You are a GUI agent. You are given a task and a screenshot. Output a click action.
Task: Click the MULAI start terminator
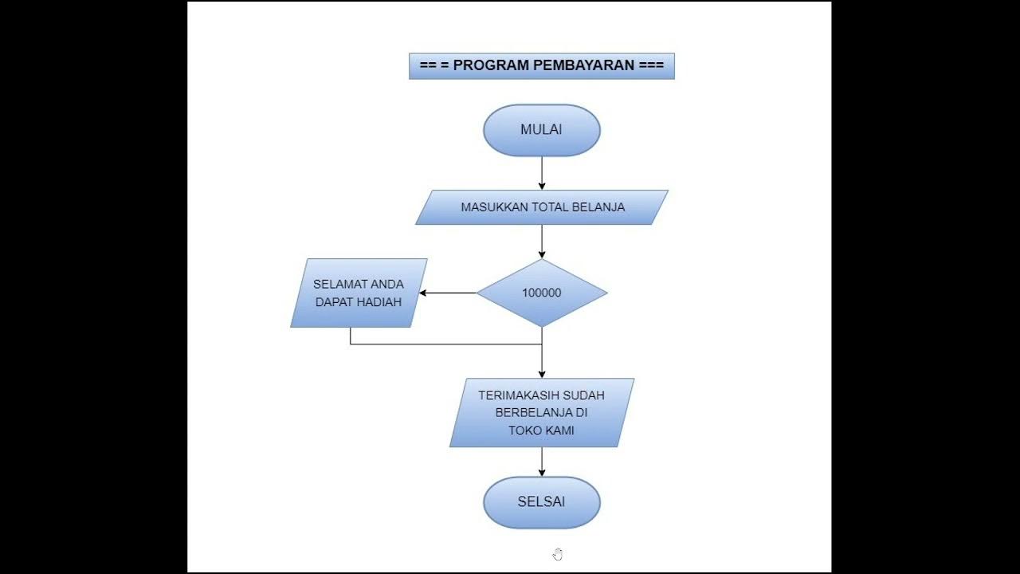pos(541,130)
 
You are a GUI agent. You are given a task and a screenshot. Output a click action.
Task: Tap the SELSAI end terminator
pos(541,502)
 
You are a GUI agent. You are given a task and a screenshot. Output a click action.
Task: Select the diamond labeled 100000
pos(541,293)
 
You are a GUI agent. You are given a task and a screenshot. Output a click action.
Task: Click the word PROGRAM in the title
pos(490,65)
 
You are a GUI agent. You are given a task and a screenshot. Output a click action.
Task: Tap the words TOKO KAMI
pos(541,431)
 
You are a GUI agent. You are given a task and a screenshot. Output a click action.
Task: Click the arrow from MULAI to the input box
pos(542,173)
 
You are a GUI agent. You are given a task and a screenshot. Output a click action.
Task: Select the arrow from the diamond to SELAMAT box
pos(448,293)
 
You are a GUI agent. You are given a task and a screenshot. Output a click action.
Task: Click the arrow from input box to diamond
pos(542,241)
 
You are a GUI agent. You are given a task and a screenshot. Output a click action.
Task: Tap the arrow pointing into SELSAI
pos(542,462)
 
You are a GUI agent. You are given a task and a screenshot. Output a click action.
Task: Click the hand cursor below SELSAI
pos(557,554)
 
